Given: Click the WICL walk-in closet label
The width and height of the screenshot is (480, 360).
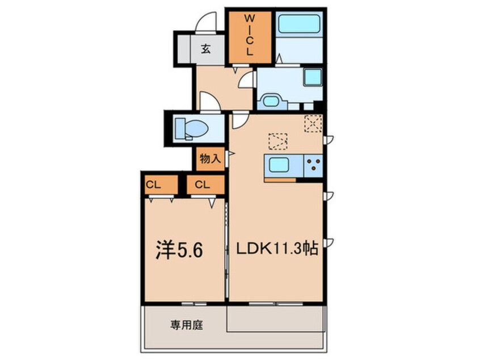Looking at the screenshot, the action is (250, 35).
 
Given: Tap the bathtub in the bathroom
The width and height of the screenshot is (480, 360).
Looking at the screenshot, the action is (299, 24).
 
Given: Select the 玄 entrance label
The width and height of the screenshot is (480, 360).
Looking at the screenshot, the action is (206, 49).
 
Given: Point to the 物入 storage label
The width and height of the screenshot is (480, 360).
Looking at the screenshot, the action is (210, 158).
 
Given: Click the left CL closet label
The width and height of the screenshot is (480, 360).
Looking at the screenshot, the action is (153, 185).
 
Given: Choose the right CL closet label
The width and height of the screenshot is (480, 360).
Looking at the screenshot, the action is (203, 185).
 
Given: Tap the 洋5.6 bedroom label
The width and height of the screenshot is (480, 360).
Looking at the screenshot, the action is (179, 250).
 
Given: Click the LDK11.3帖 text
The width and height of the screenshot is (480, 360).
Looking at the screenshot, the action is (277, 249).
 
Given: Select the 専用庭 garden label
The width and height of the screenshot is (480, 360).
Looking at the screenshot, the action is (187, 325).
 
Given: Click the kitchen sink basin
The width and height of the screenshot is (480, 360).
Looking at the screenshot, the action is (279, 165).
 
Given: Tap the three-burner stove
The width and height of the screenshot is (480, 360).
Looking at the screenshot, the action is (313, 165).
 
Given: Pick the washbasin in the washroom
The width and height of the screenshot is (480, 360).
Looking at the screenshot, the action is (271, 101).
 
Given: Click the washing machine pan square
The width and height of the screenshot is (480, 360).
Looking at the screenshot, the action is (313, 77).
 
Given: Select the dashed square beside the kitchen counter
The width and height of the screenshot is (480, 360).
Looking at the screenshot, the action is (277, 141).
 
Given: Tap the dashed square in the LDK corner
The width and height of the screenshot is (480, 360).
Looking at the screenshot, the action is (313, 123).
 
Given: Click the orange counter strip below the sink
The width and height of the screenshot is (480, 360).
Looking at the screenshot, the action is (280, 180).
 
